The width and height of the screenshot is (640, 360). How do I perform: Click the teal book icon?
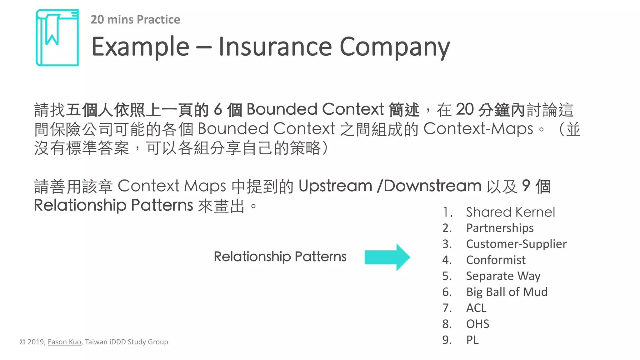57,37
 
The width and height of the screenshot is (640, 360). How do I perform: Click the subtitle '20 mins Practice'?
135,20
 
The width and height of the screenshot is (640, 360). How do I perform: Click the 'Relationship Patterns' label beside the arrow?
280,257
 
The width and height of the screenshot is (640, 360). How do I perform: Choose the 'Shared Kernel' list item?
510,212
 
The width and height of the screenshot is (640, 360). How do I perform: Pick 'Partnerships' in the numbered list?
500,228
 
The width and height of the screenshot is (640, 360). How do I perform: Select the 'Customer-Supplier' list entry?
516,244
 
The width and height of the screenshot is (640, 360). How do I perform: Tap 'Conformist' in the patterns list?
496,260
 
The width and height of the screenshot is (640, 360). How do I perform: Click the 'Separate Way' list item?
503,276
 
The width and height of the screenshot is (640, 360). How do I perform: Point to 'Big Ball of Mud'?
507,292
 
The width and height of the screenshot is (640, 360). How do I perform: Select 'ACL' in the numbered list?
476,308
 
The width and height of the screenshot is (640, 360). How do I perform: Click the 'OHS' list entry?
477,324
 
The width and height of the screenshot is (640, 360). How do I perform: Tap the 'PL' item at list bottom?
472,340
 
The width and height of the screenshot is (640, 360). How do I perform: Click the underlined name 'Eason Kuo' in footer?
64,342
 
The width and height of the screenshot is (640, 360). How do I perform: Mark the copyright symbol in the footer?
22,342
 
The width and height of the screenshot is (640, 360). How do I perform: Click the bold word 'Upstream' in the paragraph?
335,186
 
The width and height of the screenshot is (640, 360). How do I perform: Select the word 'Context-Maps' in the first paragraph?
478,129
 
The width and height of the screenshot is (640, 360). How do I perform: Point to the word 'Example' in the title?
140,47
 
